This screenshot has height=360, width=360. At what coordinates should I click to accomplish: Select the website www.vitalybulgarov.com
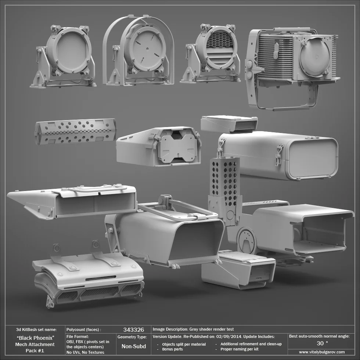tap(322, 352)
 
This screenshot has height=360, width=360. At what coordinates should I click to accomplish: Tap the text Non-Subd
tap(133, 346)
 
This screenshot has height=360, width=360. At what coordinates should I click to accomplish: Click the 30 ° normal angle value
tap(322, 343)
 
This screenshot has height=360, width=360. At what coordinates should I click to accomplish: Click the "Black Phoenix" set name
tap(36, 338)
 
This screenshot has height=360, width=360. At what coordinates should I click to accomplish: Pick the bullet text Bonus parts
tap(172, 349)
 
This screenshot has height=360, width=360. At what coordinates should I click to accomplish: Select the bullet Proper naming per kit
tap(239, 349)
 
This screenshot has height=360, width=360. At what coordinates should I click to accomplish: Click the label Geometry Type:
tap(132, 336)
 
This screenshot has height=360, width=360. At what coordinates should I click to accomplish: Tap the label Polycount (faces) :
tap(83, 330)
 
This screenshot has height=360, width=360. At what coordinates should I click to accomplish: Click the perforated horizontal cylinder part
tap(75, 131)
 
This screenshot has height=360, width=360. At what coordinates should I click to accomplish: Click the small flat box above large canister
tap(229, 124)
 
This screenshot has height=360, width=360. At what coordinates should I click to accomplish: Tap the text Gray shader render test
tap(212, 330)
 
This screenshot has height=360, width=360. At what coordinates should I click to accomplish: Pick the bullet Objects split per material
tap(184, 344)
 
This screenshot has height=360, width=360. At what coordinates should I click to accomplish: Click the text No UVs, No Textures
tap(85, 352)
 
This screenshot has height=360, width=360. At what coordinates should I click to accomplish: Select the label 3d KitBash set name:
tap(36, 330)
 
